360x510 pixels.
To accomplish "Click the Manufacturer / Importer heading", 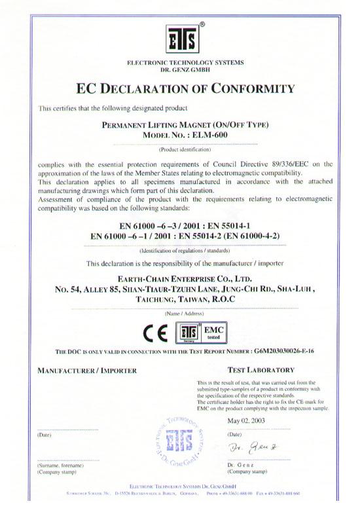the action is pyautogui.click(x=87, y=371).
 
